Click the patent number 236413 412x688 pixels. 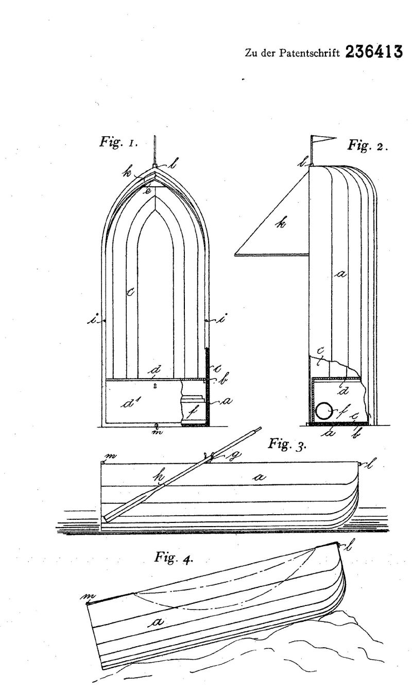point(374,52)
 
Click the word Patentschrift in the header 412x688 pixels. point(309,53)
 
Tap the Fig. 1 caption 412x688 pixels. point(118,142)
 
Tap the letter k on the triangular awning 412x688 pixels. point(280,223)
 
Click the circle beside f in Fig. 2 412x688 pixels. point(323,412)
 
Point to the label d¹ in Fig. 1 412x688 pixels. point(130,403)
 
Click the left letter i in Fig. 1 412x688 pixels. point(92,321)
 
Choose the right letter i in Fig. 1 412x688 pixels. point(220,319)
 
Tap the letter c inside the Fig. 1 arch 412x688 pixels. point(130,292)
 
